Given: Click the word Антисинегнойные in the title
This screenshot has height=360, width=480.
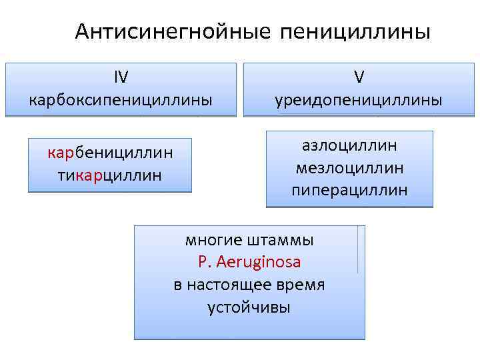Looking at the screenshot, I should pyautogui.click(x=173, y=32).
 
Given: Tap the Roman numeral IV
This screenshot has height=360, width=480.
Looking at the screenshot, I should pyautogui.click(x=121, y=77).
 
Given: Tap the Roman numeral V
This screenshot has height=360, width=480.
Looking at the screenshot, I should pyautogui.click(x=359, y=77).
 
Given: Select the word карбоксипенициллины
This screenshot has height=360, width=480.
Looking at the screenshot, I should pyautogui.click(x=121, y=100).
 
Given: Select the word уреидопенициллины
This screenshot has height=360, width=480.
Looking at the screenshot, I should pyautogui.click(x=359, y=100).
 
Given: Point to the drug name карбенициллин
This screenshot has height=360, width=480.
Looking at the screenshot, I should pyautogui.click(x=110, y=153).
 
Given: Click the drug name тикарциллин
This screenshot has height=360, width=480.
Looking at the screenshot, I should pyautogui.click(x=110, y=175).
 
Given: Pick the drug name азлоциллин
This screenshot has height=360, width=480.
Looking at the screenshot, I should pyautogui.click(x=349, y=145).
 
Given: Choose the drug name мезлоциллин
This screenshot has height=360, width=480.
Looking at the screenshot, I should pyautogui.click(x=349, y=167).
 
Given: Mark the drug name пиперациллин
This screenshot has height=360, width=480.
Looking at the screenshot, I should pyautogui.click(x=349, y=190).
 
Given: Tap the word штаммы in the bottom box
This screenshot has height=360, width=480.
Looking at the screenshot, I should pyautogui.click(x=279, y=240).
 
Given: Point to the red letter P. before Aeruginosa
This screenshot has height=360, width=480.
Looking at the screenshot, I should pyautogui.click(x=203, y=263).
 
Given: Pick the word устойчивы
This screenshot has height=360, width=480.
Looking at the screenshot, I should pyautogui.click(x=249, y=308).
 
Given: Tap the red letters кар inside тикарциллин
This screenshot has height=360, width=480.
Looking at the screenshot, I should pyautogui.click(x=87, y=175).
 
